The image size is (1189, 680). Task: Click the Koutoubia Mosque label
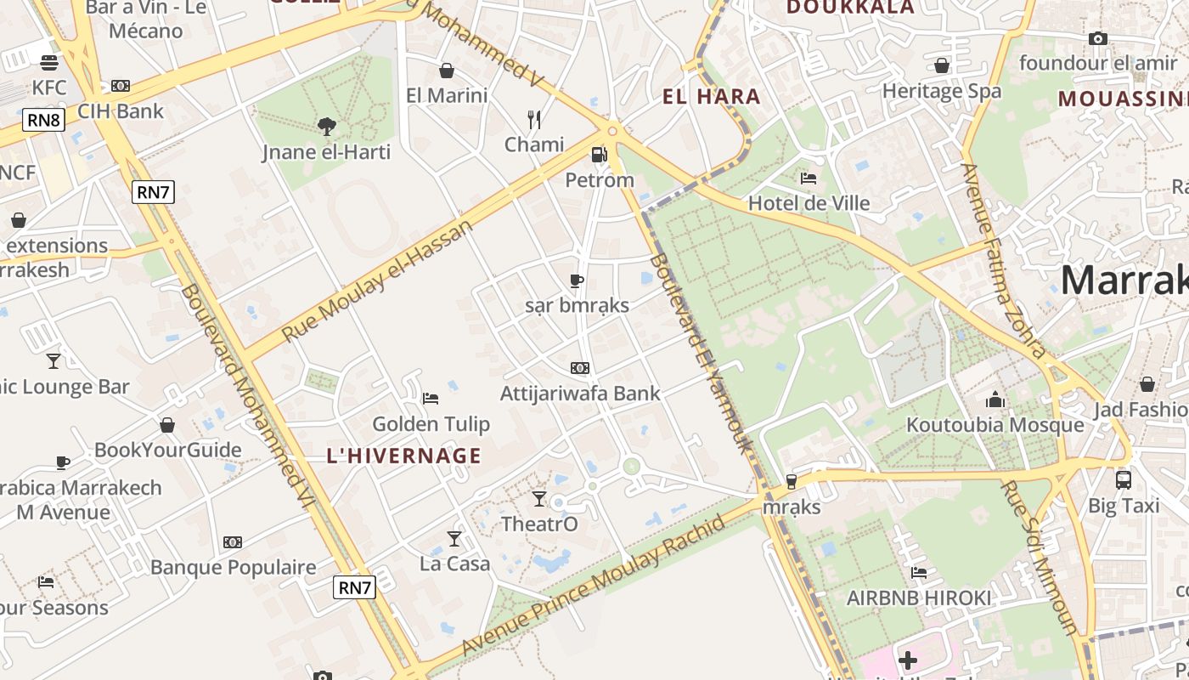click(995, 425)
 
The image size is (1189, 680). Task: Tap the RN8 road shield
click(43, 120)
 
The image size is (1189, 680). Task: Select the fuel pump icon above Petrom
click(599, 155)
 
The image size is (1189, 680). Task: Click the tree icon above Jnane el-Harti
click(326, 127)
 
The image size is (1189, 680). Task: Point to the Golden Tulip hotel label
click(431, 423)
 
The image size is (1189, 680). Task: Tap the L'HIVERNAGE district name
click(403, 456)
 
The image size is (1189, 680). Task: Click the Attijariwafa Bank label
click(580, 394)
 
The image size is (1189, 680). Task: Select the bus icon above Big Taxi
click(1123, 480)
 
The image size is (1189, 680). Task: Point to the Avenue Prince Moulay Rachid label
click(594, 586)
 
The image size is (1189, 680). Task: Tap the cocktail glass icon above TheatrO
click(539, 499)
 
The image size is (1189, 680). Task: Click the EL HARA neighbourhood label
click(711, 97)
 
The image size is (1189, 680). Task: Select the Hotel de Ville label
click(809, 203)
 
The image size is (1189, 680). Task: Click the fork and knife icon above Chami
click(534, 120)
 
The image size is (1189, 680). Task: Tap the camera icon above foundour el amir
click(1098, 39)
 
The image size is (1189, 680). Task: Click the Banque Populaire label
click(233, 567)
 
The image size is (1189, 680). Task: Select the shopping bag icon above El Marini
click(447, 71)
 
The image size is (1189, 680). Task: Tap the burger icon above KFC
click(49, 63)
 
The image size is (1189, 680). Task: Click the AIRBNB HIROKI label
click(918, 598)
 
